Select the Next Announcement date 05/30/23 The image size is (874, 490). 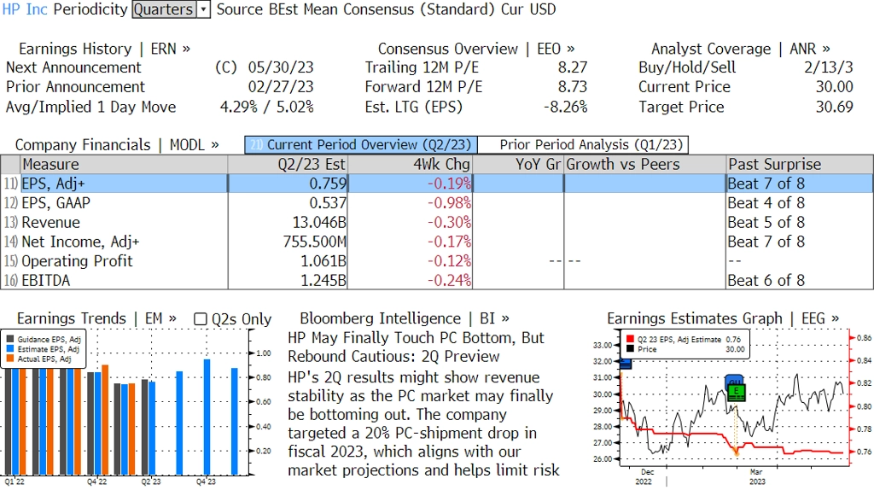click(281, 67)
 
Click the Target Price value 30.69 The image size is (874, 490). click(834, 107)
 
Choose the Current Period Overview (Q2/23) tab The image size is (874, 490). click(361, 145)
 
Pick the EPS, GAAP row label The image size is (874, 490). click(56, 203)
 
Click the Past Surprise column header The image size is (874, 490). click(774, 164)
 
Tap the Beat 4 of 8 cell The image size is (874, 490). click(766, 203)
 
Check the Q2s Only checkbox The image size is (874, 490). click(201, 319)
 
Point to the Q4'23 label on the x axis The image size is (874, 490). click(206, 481)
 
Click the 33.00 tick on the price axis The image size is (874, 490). click(602, 345)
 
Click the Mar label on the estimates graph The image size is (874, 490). click(756, 471)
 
